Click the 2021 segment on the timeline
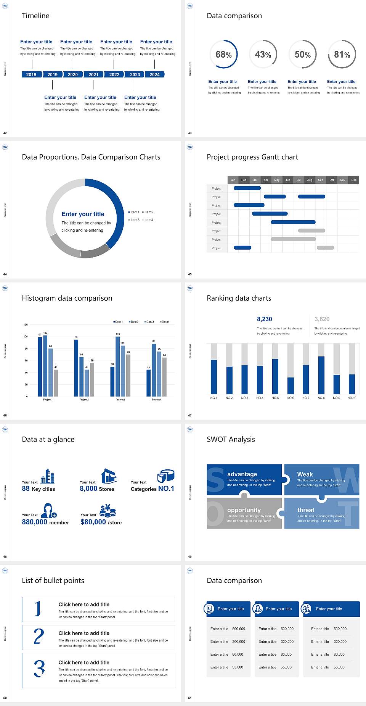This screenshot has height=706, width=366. (x=93, y=74)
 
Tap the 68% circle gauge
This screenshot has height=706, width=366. (x=223, y=54)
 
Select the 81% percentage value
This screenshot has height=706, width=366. (x=342, y=55)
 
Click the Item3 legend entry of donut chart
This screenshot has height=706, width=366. (x=134, y=220)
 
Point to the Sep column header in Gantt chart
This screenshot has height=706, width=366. (x=321, y=180)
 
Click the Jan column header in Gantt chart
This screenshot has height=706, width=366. (x=233, y=180)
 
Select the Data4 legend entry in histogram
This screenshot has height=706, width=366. (x=165, y=322)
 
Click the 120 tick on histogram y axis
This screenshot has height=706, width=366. (x=26, y=325)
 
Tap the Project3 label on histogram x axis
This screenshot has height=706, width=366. (x=120, y=400)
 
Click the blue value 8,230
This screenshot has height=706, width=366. (x=264, y=319)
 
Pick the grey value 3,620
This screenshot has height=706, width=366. (x=322, y=319)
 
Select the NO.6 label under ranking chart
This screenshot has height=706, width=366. (x=291, y=398)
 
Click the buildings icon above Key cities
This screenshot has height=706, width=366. (x=48, y=476)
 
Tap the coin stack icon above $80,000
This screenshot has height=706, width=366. (x=108, y=511)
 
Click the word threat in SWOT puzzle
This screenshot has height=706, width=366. (x=306, y=510)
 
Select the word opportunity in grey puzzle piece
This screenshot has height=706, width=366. (x=244, y=510)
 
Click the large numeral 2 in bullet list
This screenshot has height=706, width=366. (x=39, y=637)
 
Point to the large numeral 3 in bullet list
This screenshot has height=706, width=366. (x=39, y=669)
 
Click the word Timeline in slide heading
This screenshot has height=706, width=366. (x=35, y=16)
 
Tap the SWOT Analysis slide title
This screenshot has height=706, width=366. (x=231, y=439)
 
